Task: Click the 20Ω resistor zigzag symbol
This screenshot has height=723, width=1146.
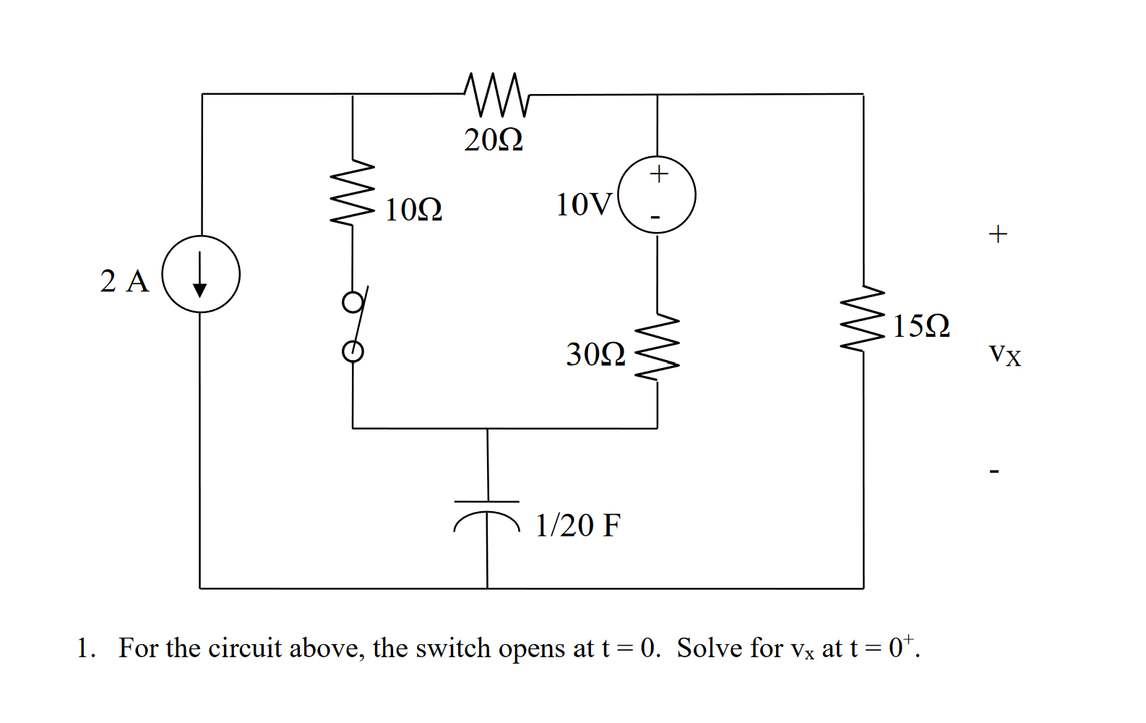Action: click(x=497, y=95)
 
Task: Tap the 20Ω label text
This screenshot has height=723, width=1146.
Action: click(x=494, y=140)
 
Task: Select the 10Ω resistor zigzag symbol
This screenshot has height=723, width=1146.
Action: click(x=353, y=192)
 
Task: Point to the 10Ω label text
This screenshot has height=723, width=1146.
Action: click(x=413, y=210)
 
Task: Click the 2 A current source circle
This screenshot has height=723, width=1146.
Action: click(x=201, y=274)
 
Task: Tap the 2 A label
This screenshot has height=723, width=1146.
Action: click(x=124, y=281)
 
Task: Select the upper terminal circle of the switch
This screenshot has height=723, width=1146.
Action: click(x=353, y=302)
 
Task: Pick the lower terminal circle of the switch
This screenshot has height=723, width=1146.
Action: click(x=353, y=351)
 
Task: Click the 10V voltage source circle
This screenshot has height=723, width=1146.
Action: click(x=658, y=195)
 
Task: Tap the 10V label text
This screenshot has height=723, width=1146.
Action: click(x=584, y=205)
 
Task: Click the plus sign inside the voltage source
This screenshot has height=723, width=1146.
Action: click(x=658, y=174)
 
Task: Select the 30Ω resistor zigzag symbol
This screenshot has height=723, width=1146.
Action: click(x=657, y=348)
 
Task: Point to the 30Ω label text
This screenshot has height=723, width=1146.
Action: click(x=595, y=354)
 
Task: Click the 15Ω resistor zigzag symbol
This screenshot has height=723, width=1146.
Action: click(x=863, y=318)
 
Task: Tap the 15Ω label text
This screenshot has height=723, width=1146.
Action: click(x=921, y=326)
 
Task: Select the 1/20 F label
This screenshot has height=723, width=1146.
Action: click(x=578, y=526)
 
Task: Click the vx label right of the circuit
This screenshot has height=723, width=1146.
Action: click(x=1005, y=354)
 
